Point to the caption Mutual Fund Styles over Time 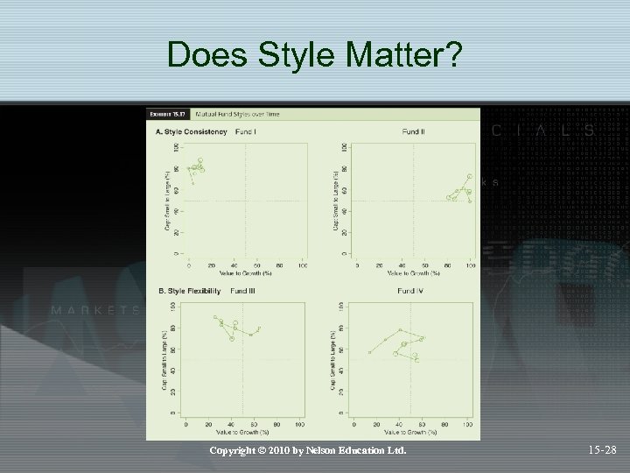click(x=231, y=114)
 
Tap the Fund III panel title click(x=244, y=290)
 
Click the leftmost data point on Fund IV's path click(x=370, y=352)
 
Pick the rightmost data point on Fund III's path click(x=260, y=328)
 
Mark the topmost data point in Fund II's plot click(x=470, y=176)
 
